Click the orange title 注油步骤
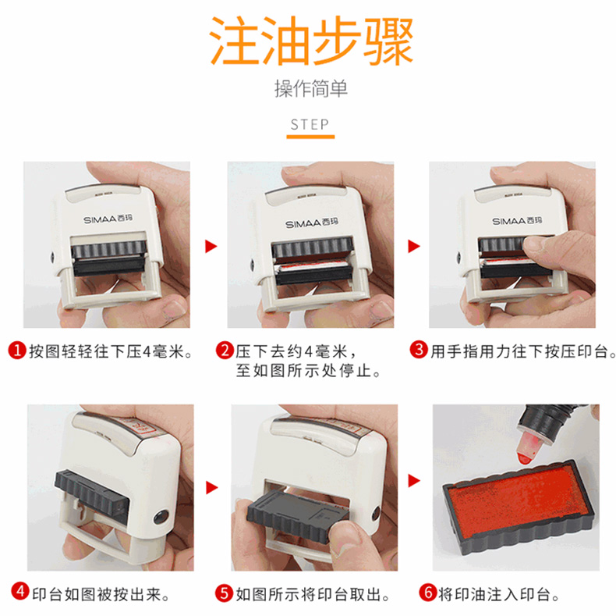coord(311,41)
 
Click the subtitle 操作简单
coord(311,88)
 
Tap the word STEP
coord(310,125)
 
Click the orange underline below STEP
coord(310,137)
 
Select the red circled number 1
coord(17,350)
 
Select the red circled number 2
coord(225,350)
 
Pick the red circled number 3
coord(419,349)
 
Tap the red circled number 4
coord(20,591)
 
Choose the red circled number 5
coord(224,593)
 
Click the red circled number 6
coord(428,592)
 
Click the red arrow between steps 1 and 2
coord(211,247)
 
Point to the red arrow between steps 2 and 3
coord(414,246)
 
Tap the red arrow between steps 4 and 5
coord(212,488)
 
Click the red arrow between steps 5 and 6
coord(414,481)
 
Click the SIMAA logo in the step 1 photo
coord(108,219)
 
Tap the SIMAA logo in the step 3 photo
coord(517,221)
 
